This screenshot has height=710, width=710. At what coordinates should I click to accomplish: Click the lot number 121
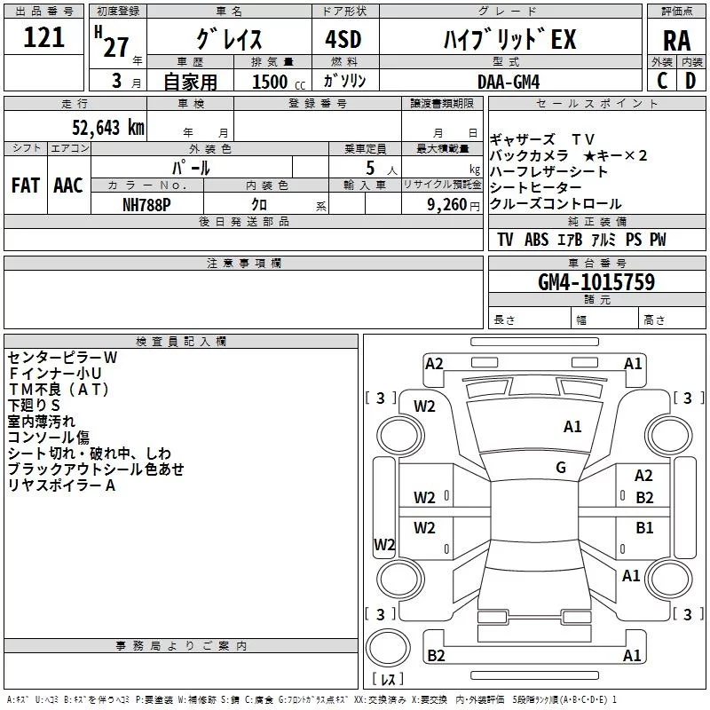[44, 37]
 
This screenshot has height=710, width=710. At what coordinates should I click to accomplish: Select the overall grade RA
[676, 41]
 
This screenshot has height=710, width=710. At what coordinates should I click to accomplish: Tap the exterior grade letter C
[662, 81]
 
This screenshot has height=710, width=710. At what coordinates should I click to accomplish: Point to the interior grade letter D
[690, 81]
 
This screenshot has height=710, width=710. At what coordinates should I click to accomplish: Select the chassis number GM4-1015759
[596, 282]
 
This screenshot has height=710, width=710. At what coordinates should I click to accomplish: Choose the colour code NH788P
[147, 204]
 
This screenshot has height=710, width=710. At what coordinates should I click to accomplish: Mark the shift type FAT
[25, 185]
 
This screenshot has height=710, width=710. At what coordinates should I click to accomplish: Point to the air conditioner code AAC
[68, 185]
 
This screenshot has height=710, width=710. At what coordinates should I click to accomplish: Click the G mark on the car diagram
[561, 468]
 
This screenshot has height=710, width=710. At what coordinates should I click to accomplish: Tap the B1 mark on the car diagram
[644, 528]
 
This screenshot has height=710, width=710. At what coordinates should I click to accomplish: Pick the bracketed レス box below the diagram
[387, 681]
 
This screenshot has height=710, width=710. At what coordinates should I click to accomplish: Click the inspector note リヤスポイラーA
[62, 485]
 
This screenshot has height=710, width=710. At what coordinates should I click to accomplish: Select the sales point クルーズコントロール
[556, 204]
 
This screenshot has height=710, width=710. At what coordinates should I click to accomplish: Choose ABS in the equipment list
[536, 240]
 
